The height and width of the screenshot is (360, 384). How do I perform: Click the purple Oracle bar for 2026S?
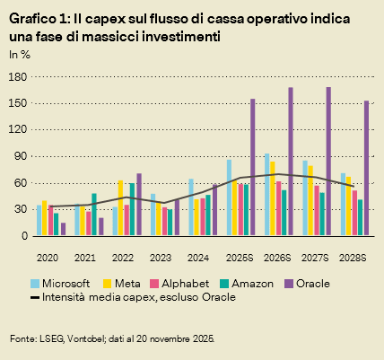click(291, 162)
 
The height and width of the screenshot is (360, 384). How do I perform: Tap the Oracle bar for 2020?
click(63, 229)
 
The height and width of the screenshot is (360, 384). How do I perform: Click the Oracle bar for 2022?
click(139, 205)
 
